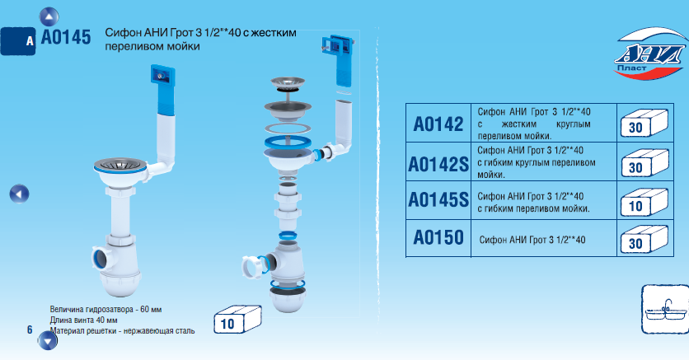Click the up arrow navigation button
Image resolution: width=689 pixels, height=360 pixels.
tap(49, 17)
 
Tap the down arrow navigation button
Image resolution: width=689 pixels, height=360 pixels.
tap(48, 341)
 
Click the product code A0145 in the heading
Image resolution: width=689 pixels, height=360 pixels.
tap(66, 37)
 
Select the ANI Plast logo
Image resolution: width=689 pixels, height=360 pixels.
tap(650, 54)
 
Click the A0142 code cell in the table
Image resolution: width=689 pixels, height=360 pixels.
tap(438, 124)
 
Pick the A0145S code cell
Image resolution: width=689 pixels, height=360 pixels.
tap(438, 199)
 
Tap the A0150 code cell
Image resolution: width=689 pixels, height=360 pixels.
tap(438, 237)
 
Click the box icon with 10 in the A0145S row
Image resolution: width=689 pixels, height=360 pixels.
tap(644, 203)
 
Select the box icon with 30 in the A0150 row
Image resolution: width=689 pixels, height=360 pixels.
tap(644, 240)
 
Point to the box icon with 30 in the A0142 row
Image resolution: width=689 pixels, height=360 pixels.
tap(644, 124)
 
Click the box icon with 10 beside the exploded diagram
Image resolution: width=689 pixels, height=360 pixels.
tap(237, 320)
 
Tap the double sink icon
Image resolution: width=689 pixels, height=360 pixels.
tap(665, 309)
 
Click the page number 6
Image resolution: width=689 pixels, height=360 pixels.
tap(30, 330)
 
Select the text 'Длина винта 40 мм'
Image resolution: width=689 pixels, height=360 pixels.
tap(83, 320)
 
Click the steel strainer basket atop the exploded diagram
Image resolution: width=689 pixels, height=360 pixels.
tap(288, 83)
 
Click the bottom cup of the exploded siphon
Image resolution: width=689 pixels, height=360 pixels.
tap(287, 300)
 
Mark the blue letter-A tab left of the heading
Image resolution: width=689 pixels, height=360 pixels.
tap(17, 41)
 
